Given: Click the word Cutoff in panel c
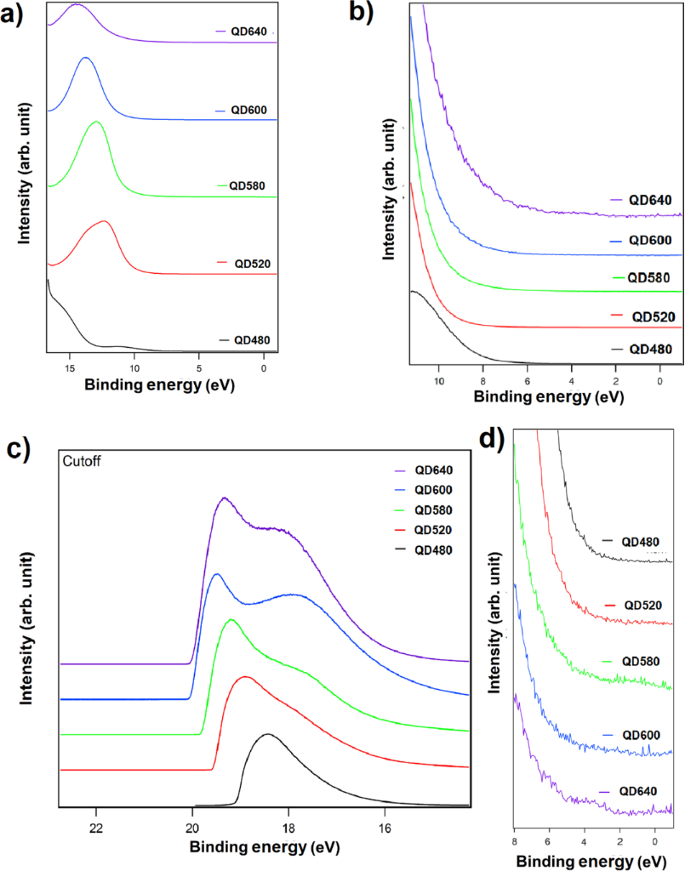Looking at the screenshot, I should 83,461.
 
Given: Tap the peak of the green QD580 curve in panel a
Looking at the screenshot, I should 96,122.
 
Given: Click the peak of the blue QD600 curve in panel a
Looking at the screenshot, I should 84,58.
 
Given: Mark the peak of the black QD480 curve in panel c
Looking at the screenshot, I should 268,734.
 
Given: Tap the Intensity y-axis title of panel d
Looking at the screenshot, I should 497,643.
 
